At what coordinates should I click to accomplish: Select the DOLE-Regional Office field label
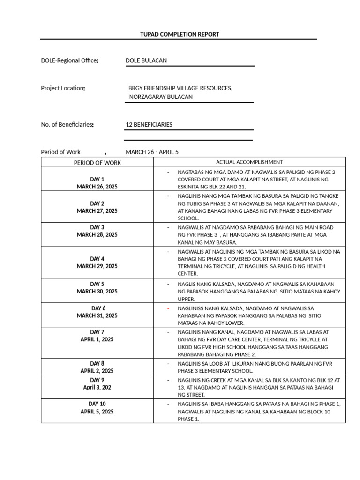(69, 60)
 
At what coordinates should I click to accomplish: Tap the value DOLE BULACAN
(146, 60)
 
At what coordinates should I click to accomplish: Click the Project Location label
(63, 88)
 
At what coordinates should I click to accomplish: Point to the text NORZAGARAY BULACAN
(161, 97)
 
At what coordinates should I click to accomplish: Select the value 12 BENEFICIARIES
(149, 125)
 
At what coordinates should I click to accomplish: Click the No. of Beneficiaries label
(67, 125)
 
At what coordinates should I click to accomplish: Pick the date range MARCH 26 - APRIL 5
(152, 152)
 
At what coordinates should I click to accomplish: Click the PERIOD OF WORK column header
(97, 163)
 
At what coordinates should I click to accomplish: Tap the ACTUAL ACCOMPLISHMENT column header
(249, 162)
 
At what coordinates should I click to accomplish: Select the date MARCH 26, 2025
(97, 187)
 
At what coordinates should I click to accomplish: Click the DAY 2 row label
(97, 203)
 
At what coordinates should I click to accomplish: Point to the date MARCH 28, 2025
(97, 235)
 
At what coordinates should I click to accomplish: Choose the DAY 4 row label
(97, 259)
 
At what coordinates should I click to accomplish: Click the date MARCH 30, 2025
(97, 291)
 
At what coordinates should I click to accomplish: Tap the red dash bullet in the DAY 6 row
(168, 308)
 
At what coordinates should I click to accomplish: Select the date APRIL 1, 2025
(97, 339)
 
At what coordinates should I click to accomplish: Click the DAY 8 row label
(97, 363)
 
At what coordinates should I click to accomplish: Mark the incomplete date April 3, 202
(97, 388)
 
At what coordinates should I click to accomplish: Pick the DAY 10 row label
(97, 404)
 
